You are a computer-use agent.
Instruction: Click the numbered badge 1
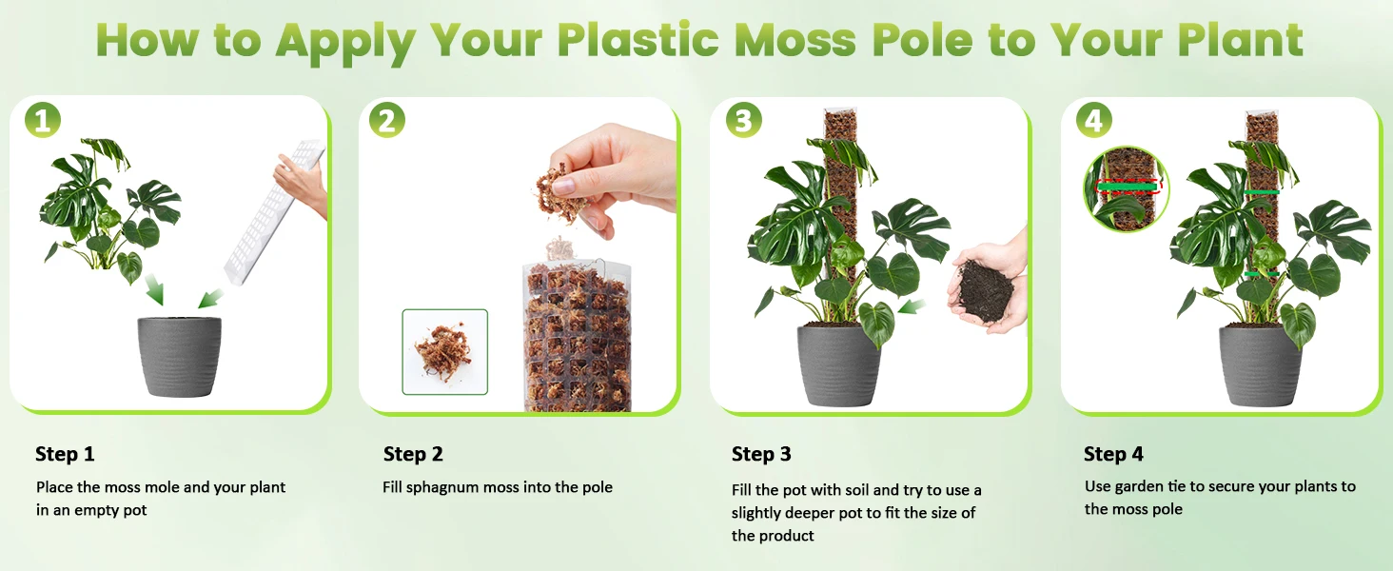[x=42, y=120]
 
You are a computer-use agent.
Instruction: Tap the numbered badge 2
[x=387, y=120]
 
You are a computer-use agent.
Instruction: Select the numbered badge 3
[x=744, y=120]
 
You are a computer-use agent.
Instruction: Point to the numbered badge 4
[x=1094, y=120]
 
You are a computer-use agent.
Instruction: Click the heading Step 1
[x=65, y=454]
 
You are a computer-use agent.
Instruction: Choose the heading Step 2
[x=413, y=454]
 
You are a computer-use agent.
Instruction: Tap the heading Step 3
[x=761, y=454]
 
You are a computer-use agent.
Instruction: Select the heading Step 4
[x=1113, y=454]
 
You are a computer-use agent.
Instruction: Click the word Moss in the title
[x=795, y=40]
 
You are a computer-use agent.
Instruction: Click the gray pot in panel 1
[x=179, y=357]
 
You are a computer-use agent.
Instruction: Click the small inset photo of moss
[x=444, y=351]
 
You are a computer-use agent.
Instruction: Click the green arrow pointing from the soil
[x=912, y=306]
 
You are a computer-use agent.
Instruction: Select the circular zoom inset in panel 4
[x=1127, y=189]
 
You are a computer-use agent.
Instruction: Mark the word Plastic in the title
[x=638, y=40]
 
